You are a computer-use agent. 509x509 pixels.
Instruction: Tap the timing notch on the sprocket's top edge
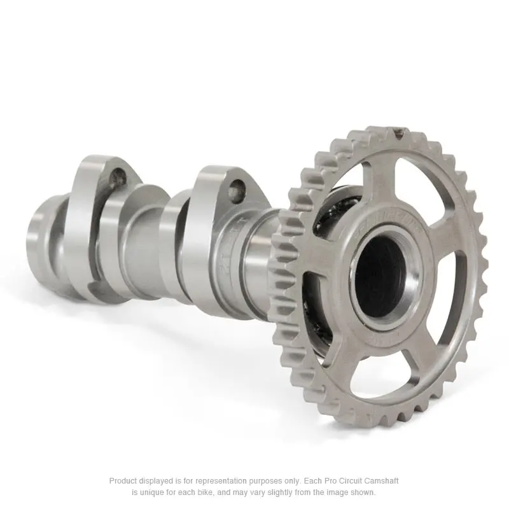[x=399, y=134]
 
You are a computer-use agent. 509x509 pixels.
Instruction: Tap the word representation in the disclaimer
[x=228, y=481]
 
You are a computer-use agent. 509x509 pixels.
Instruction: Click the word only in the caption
[x=310, y=481]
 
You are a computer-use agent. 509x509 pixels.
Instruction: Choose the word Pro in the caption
[x=347, y=481]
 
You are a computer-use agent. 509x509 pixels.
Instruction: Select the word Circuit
[x=369, y=481]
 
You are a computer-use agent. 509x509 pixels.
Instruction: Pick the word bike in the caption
[x=205, y=492]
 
